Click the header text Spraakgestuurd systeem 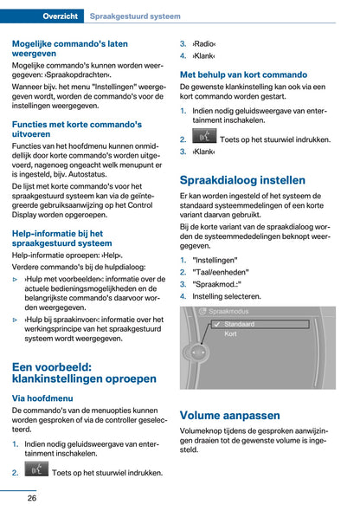click(135, 16)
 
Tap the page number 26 click(31, 497)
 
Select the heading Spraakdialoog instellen click(241, 180)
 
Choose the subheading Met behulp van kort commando click(242, 74)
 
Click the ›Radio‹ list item click(204, 42)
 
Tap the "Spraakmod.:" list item click(217, 283)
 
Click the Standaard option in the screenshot click(240, 323)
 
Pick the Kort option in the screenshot click(231, 333)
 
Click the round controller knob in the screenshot click(197, 353)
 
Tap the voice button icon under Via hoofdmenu click(36, 471)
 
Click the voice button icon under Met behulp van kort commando click(204, 137)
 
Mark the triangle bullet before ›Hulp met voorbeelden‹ click(16, 279)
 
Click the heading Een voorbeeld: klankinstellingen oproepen click(84, 372)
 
